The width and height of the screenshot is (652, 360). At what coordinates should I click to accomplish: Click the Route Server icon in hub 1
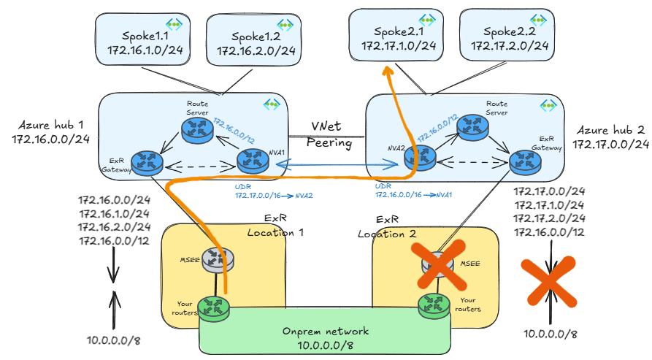tap(197, 129)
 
